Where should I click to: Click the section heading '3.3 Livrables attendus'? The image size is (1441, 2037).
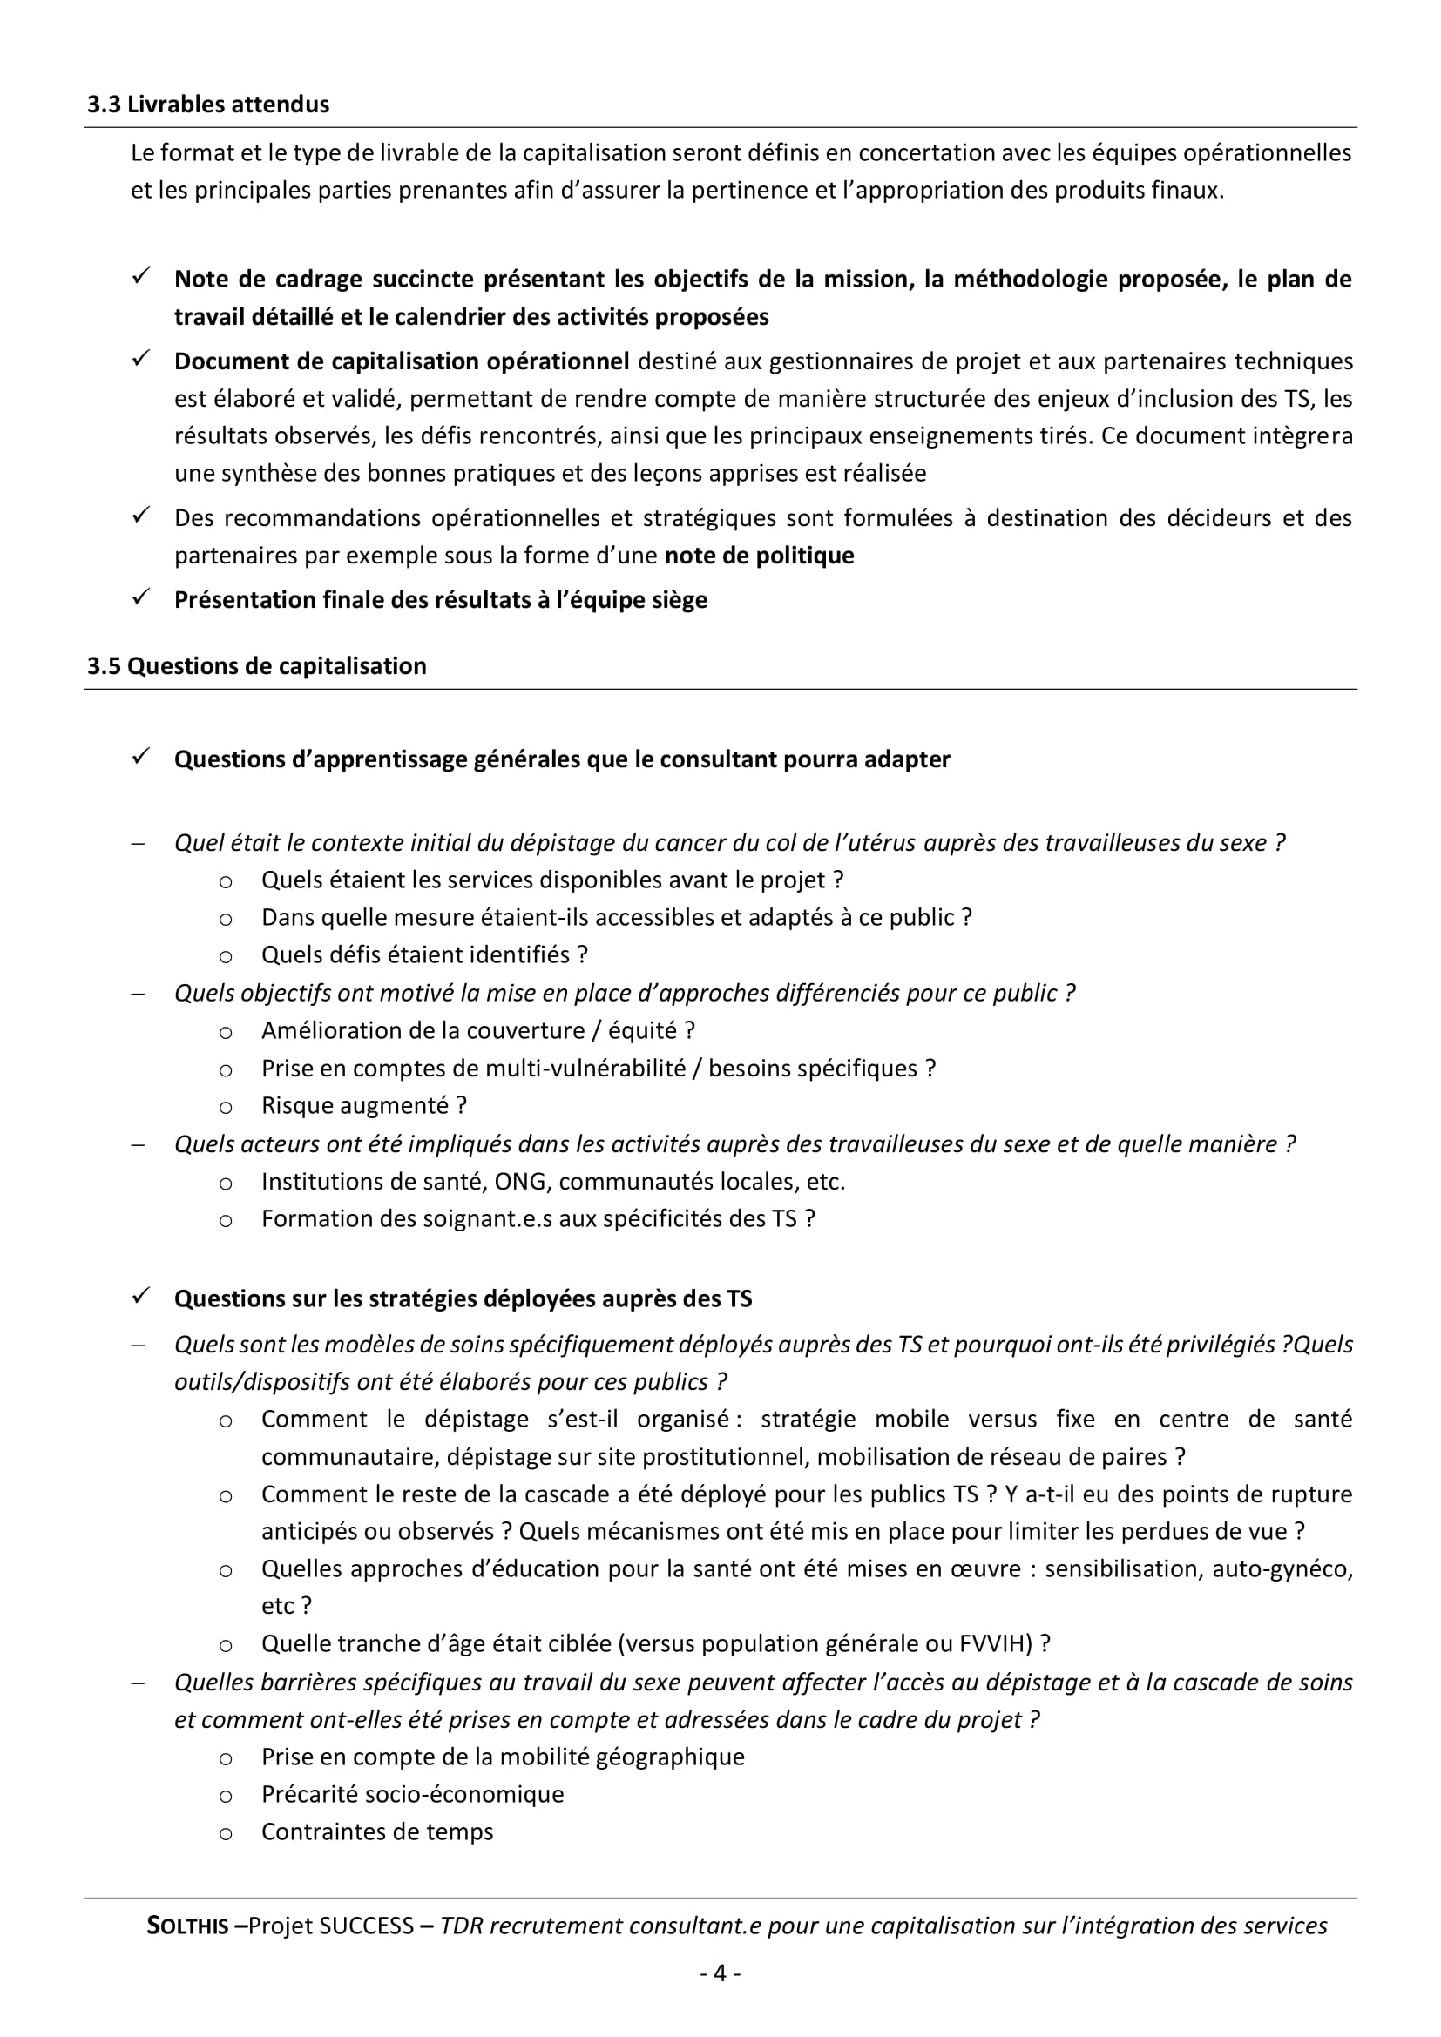click(x=207, y=105)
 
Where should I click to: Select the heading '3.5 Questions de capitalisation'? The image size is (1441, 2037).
click(x=256, y=666)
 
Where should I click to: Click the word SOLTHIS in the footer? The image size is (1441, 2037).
click(x=187, y=1926)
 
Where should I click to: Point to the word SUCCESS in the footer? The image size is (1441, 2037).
click(x=367, y=1926)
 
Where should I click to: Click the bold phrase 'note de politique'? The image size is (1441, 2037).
click(x=760, y=556)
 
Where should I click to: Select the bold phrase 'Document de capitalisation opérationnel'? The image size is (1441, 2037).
click(x=401, y=361)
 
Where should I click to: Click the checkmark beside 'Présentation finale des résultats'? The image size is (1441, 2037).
click(x=141, y=598)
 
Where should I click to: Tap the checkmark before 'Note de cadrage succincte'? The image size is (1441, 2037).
click(x=141, y=277)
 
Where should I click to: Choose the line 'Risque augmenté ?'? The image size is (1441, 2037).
click(x=364, y=1105)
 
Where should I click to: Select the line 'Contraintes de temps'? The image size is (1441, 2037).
click(x=377, y=1831)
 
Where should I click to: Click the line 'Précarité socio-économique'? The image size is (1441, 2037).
click(x=413, y=1794)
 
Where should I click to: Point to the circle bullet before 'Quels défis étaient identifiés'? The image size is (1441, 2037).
click(x=227, y=956)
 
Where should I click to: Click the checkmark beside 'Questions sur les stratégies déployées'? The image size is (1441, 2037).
click(x=141, y=1297)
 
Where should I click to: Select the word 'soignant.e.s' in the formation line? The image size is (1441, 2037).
click(x=475, y=1219)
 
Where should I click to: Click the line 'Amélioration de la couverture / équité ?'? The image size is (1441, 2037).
click(x=478, y=1030)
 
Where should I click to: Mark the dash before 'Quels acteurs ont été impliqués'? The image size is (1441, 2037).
click(x=139, y=1144)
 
